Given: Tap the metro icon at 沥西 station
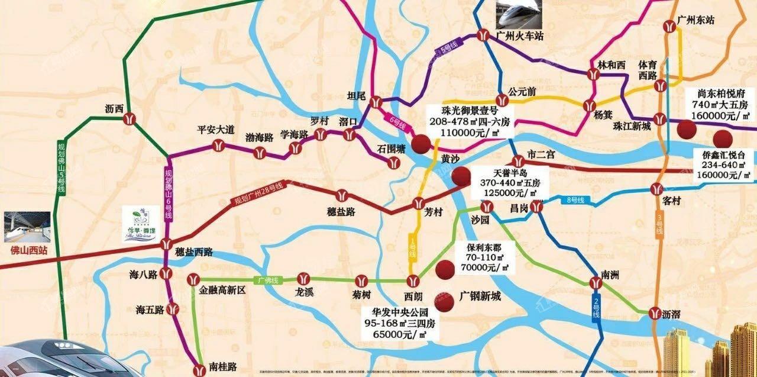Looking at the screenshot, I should coord(130,118).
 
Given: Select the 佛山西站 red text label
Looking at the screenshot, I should coord(29,250).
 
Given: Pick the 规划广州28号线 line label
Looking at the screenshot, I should coord(259,194).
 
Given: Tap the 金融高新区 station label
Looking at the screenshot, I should coord(222,291).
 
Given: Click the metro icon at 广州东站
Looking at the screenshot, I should coord(669,27).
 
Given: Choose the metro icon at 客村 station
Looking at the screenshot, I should coord(656,189).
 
